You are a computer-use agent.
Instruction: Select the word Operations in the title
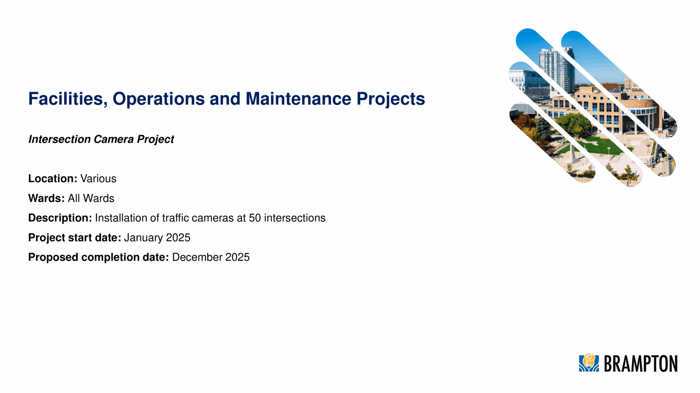click(159, 99)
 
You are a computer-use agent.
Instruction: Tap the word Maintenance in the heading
click(299, 99)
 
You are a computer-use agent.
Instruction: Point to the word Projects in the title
click(391, 99)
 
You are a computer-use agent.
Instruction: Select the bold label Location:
click(53, 178)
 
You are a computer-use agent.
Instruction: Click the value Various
click(98, 178)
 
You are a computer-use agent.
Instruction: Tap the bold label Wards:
click(47, 198)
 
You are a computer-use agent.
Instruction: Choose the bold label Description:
click(60, 218)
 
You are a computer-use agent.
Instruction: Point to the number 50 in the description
click(255, 218)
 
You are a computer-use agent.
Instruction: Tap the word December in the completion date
click(197, 257)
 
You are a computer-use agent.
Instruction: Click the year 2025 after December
click(237, 257)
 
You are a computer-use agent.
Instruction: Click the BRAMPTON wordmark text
click(641, 364)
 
